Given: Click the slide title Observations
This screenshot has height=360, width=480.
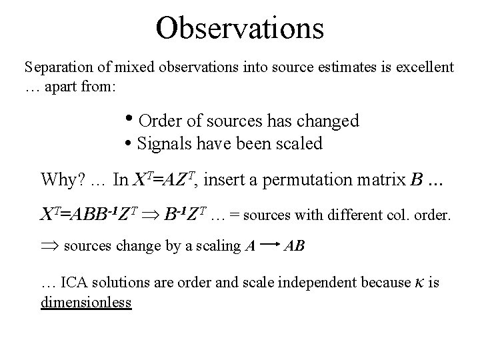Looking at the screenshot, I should [x=239, y=28].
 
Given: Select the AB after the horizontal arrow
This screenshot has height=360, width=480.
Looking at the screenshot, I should [x=294, y=246].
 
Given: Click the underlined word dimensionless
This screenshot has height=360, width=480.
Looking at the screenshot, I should [x=86, y=302].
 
